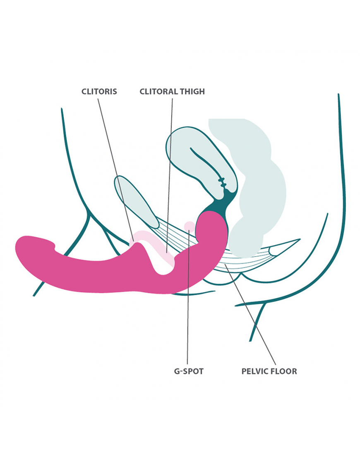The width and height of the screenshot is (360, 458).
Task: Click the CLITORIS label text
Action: [x=99, y=91]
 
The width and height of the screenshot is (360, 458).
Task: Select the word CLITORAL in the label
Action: [x=155, y=91]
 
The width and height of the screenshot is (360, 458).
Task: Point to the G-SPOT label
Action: [x=189, y=371]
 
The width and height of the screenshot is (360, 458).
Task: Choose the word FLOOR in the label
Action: [x=284, y=371]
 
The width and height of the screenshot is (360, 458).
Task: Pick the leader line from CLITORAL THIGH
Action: [x=170, y=165]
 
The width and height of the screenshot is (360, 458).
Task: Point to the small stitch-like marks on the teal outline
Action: [x=223, y=182]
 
